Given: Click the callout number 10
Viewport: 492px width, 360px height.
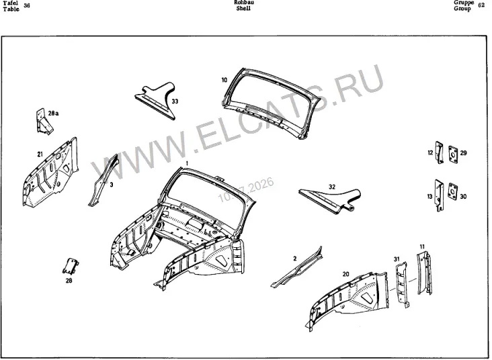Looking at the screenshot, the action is [x=224, y=80].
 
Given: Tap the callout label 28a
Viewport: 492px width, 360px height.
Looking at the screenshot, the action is [x=53, y=114].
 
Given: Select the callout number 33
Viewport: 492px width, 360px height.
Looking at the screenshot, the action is [x=175, y=101].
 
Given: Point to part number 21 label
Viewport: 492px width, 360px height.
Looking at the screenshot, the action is [x=40, y=154].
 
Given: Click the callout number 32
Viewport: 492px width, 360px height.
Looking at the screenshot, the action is [x=332, y=187].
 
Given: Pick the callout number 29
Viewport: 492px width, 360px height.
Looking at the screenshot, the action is [x=464, y=153].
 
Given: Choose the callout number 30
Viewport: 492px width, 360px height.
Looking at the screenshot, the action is [x=463, y=197].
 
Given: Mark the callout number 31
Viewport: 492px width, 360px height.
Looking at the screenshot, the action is [x=397, y=259].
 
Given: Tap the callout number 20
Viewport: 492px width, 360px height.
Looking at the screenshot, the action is [x=345, y=275].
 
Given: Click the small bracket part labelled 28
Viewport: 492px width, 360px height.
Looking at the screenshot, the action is [x=71, y=266].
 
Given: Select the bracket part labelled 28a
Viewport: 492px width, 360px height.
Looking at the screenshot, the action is [x=44, y=122].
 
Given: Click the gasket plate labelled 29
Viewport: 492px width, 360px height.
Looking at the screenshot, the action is [x=452, y=154].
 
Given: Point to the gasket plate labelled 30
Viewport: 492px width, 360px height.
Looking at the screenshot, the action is [x=452, y=191].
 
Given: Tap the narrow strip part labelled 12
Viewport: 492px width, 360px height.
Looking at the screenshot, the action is [x=440, y=152].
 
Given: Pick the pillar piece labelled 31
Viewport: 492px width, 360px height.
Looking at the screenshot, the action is [x=402, y=284].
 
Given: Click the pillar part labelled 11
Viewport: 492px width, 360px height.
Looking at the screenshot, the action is [x=424, y=273].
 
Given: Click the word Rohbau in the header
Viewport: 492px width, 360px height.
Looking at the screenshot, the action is [x=244, y=3].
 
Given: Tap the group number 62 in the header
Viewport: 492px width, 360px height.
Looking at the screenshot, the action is [x=481, y=5].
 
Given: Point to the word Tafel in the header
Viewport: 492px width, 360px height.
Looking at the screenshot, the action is [x=10, y=3].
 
